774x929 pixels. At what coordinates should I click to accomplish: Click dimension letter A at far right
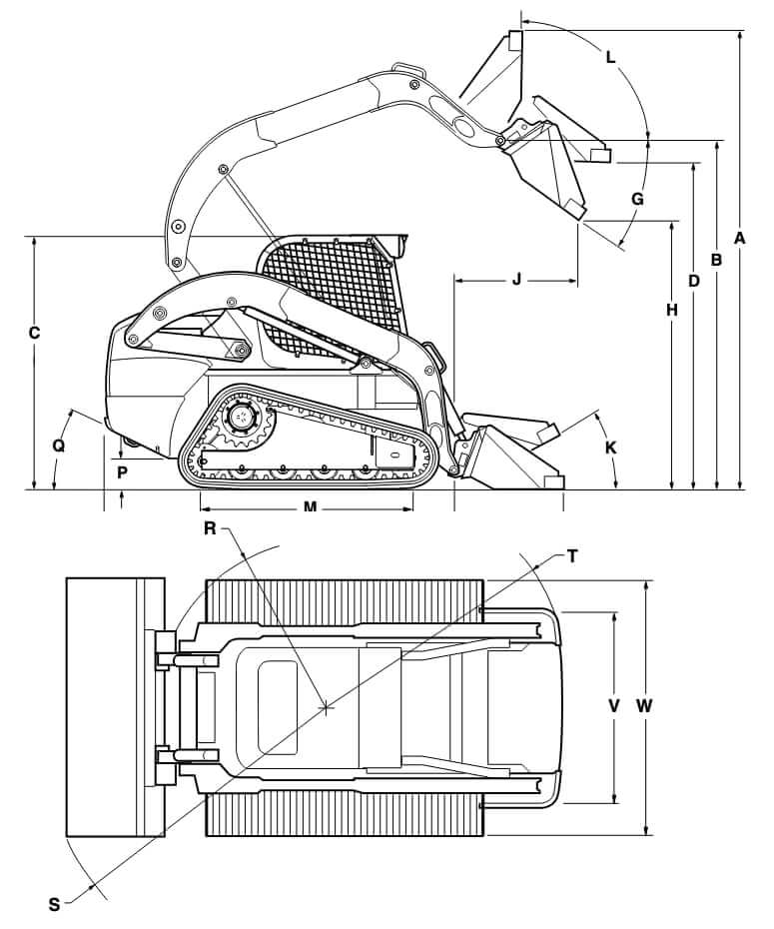[x=739, y=238]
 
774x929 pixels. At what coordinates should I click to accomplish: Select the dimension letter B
[x=715, y=259]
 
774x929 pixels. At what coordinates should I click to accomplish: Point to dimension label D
[x=693, y=281]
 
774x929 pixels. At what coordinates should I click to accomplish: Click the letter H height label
[x=672, y=311]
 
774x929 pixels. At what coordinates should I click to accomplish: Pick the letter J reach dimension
[x=516, y=280]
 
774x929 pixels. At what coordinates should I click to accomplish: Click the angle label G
[x=636, y=198]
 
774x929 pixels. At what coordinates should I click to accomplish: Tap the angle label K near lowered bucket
[x=610, y=447]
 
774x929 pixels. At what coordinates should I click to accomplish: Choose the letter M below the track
[x=310, y=507]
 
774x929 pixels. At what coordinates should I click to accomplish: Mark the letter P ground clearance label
[x=122, y=471]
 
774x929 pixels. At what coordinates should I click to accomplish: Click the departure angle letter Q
[x=59, y=447]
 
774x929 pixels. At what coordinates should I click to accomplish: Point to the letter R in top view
[x=211, y=528]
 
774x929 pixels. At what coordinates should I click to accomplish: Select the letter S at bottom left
[x=54, y=904]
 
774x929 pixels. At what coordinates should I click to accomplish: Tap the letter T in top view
[x=572, y=556]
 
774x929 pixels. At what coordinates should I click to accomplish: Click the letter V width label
[x=614, y=705]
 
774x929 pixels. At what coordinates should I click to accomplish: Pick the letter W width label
[x=644, y=705]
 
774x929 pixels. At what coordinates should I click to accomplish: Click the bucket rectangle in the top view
[x=114, y=706]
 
